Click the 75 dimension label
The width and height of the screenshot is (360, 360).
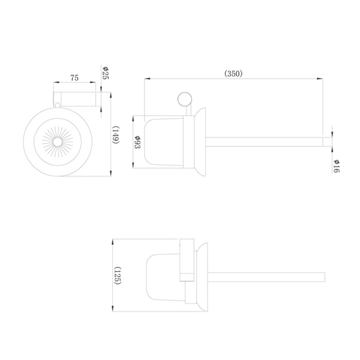pyautogui.click(x=74, y=78)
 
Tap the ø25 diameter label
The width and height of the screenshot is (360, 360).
pyautogui.click(x=106, y=73)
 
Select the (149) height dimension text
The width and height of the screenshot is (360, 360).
pyautogui.click(x=115, y=135)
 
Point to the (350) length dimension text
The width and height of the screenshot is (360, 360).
pyautogui.click(x=233, y=73)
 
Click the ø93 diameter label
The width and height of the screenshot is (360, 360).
pyautogui.click(x=137, y=142)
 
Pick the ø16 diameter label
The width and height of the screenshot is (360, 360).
pyautogui.click(x=337, y=166)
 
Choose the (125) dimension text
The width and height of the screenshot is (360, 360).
pyautogui.click(x=118, y=275)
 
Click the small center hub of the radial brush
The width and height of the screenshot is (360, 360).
pyautogui.click(x=58, y=142)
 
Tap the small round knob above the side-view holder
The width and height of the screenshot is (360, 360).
pyautogui.click(x=185, y=99)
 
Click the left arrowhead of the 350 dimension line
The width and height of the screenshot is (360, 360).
pyautogui.click(x=147, y=79)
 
